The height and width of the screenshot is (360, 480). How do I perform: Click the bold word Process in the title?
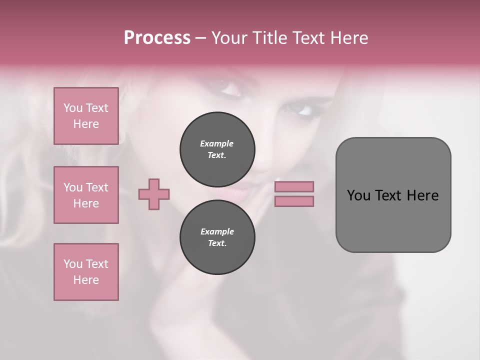tap(157, 38)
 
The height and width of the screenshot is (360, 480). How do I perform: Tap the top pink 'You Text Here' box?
tap(86, 116)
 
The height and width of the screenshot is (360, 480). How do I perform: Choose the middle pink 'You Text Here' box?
tap(86, 195)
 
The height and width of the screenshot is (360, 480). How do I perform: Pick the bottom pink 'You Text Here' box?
tap(86, 272)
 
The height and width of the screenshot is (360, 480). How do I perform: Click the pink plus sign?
tap(154, 194)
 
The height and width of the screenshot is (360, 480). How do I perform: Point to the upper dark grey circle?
tap(217, 149)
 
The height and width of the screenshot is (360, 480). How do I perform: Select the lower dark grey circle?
tap(217, 237)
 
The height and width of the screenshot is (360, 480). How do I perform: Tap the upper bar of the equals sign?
tap(294, 186)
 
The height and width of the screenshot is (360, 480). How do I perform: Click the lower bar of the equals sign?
tap(294, 201)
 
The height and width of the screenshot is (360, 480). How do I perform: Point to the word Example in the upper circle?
tap(217, 143)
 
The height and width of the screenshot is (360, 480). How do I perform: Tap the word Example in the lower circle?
tap(217, 231)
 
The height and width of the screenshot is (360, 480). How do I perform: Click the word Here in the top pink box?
tap(86, 124)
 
